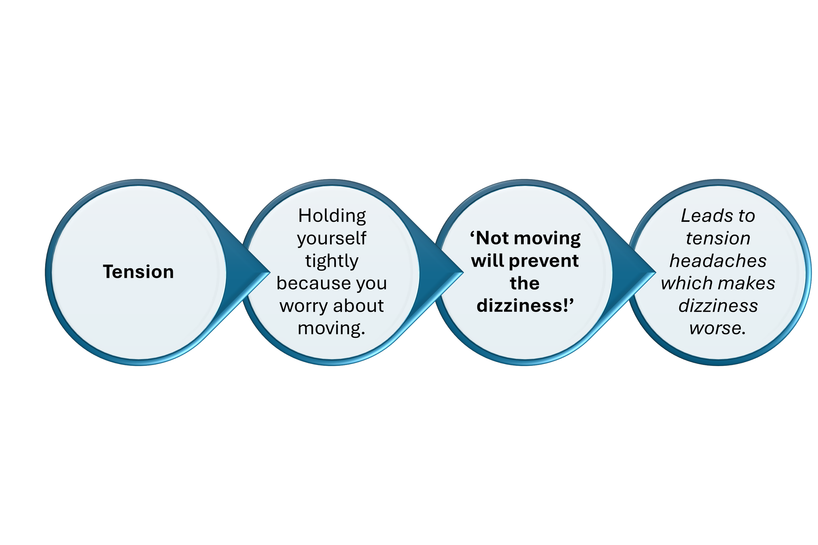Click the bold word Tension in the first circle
click(x=138, y=272)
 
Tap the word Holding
click(x=332, y=216)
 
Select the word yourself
click(x=332, y=239)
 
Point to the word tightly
click(x=332, y=261)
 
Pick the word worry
click(x=304, y=306)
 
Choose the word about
click(x=358, y=306)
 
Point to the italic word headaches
click(x=718, y=261)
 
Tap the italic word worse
click(x=717, y=328)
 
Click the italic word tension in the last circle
click(x=718, y=238)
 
